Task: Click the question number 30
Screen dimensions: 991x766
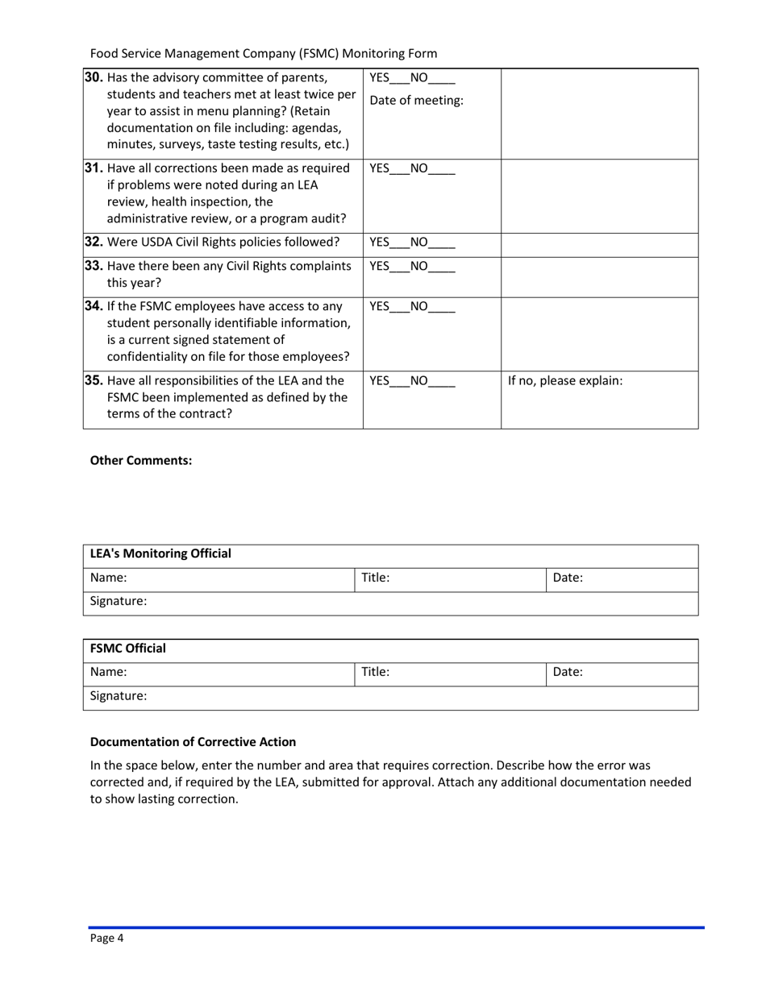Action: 94,78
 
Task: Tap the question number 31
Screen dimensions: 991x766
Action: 94,168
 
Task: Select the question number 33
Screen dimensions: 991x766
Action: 94,266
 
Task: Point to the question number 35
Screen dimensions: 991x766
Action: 94,380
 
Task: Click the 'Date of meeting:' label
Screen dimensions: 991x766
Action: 416,101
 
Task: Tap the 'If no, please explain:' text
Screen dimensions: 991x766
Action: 564,380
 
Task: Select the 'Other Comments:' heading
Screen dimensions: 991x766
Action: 141,461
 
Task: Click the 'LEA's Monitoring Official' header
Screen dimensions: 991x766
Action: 160,554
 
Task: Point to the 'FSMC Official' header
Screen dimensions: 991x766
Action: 128,649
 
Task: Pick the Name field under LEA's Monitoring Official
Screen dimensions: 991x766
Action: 219,578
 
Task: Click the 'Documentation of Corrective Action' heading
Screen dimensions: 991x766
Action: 193,742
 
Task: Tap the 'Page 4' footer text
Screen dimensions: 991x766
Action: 106,938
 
